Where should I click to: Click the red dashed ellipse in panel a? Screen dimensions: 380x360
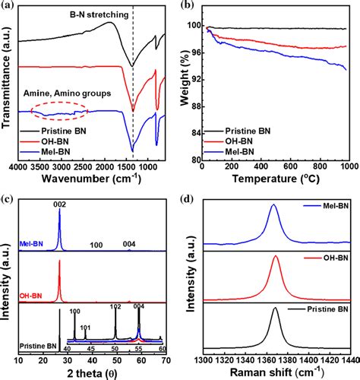tap(59, 112)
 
